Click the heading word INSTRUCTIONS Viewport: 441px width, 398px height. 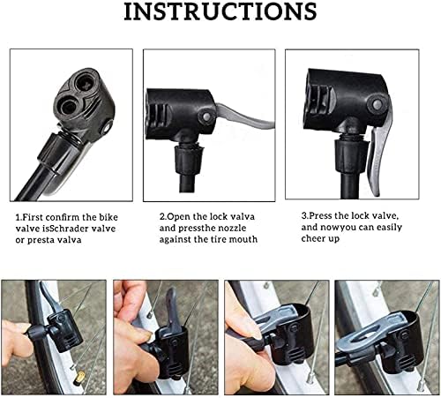[x=220, y=12]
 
